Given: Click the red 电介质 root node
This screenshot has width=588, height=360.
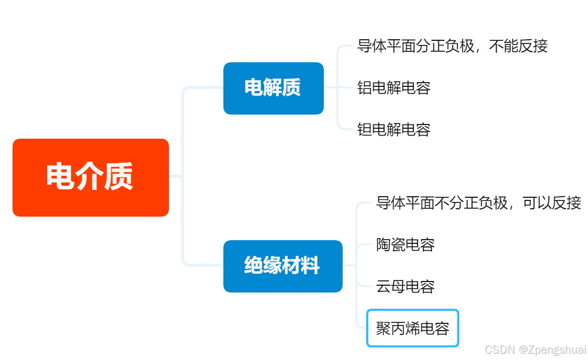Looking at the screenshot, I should [91, 177].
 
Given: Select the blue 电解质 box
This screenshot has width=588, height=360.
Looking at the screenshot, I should [273, 88].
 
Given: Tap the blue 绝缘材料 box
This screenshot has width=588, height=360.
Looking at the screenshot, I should [282, 266].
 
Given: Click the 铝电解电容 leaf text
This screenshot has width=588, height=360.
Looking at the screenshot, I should [393, 87].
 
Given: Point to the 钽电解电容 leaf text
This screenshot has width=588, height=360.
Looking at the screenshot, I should [393, 129].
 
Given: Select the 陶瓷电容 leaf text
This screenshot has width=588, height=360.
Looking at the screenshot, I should [405, 244].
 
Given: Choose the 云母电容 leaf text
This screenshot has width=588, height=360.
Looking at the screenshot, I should [405, 286].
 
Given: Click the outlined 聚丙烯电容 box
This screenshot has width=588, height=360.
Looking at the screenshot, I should [412, 328].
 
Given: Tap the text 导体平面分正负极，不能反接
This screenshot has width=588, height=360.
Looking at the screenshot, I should [452, 46].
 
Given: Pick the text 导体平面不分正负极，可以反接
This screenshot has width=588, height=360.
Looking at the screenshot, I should [478, 203].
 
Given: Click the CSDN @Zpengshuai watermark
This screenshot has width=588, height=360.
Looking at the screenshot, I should [535, 350].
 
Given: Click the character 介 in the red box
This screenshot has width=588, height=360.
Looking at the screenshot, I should [89, 177].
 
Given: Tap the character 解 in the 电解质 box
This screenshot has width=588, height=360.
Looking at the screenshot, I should [273, 88].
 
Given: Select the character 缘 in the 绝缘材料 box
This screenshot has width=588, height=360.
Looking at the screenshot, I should [273, 266].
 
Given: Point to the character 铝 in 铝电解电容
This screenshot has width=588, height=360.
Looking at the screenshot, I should [365, 87].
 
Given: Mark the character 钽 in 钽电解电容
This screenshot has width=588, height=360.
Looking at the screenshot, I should [365, 129].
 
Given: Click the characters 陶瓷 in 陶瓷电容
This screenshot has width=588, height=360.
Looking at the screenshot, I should [391, 244].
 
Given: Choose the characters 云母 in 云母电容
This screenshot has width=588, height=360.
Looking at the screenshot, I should [391, 286].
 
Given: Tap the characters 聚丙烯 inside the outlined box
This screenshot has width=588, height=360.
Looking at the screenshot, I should [398, 328].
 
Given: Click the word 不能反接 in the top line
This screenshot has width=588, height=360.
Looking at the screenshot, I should [518, 46].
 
